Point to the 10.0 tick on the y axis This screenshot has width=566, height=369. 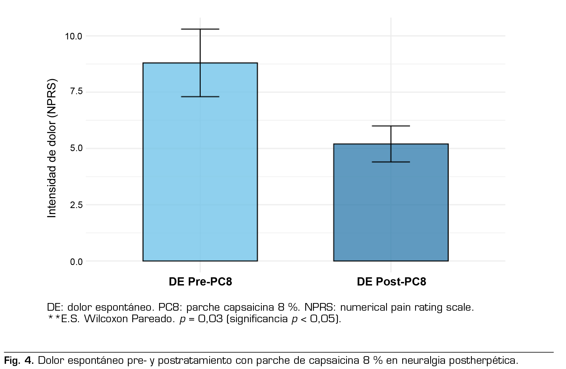pos(73,36)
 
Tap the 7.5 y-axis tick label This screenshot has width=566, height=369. pos(76,91)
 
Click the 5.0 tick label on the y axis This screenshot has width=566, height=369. pos(76,148)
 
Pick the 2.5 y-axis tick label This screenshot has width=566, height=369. pos(76,205)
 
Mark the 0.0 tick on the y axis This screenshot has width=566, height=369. pos(76,262)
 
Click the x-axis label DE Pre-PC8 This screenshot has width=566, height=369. pos(200,282)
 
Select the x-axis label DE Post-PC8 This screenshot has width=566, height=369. pos(391,282)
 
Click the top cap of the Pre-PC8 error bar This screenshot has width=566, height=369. pos(200,29)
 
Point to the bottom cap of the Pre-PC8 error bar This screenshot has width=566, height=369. pos(200,97)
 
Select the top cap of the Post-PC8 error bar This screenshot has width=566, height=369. pos(391,126)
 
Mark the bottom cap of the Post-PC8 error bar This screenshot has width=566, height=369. pos(391,162)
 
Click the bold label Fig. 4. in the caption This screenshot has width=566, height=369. pos(19,361)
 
